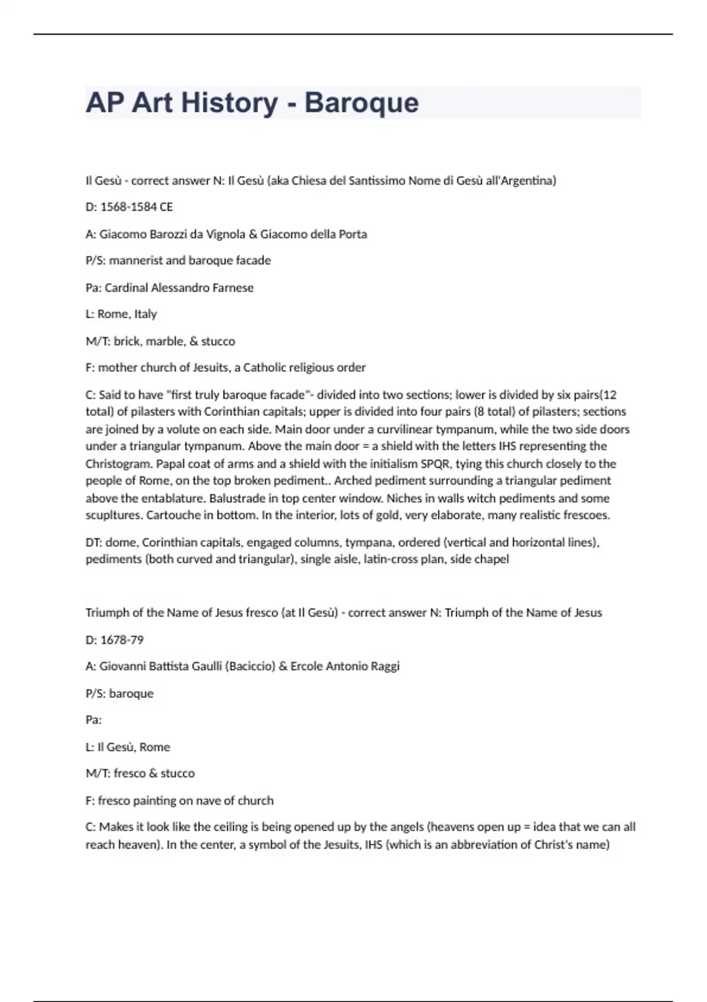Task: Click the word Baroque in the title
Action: pos(361,103)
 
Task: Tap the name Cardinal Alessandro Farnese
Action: pos(179,288)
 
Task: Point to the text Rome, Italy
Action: pos(127,314)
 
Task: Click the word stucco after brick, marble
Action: pos(218,341)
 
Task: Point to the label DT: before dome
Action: pos(94,542)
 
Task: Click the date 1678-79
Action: pos(122,640)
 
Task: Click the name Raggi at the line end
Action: pos(385,666)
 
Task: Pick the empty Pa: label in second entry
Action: pos(94,720)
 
